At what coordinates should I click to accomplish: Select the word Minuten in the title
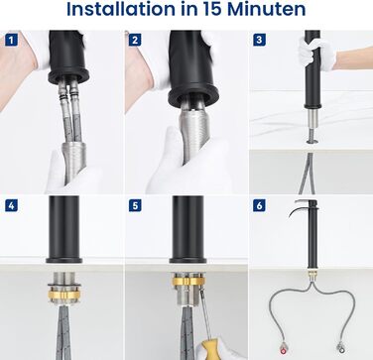click(267, 10)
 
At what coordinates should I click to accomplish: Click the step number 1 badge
click(11, 41)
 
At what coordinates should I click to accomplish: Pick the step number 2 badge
click(135, 41)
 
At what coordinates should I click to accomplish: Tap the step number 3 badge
click(259, 41)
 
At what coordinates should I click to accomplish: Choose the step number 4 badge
click(11, 205)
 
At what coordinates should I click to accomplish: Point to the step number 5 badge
click(135, 205)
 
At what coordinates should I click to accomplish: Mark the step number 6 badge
click(259, 205)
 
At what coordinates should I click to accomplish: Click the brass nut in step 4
click(64, 295)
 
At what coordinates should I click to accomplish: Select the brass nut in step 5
click(188, 282)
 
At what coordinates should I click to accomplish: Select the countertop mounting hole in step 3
click(312, 142)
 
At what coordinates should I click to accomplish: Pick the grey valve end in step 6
click(340, 347)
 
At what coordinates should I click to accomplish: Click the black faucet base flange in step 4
click(63, 260)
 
